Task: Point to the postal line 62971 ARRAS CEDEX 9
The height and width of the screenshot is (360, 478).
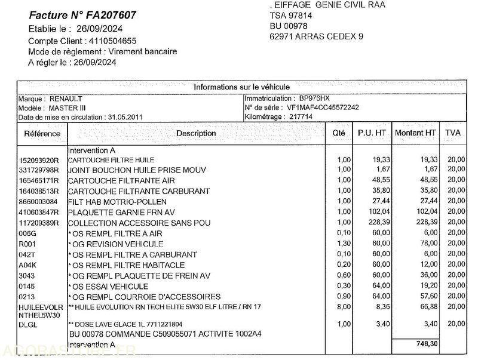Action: (x=316, y=36)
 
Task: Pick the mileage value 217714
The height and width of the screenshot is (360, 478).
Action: (x=300, y=117)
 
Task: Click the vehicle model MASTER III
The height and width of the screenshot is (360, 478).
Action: (x=68, y=108)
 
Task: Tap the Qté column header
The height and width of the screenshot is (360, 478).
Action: (x=338, y=133)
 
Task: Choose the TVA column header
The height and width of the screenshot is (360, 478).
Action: (x=452, y=133)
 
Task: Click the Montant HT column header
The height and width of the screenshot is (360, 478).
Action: (x=415, y=133)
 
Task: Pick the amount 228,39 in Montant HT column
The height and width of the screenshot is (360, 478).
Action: (x=425, y=222)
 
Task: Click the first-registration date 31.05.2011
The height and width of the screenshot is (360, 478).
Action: (x=125, y=118)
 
